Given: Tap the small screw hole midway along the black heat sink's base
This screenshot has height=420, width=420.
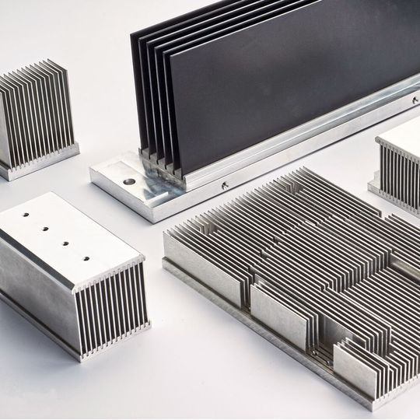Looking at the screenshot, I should [224, 185].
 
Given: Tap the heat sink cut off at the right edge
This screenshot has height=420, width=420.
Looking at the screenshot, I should [398, 167].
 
